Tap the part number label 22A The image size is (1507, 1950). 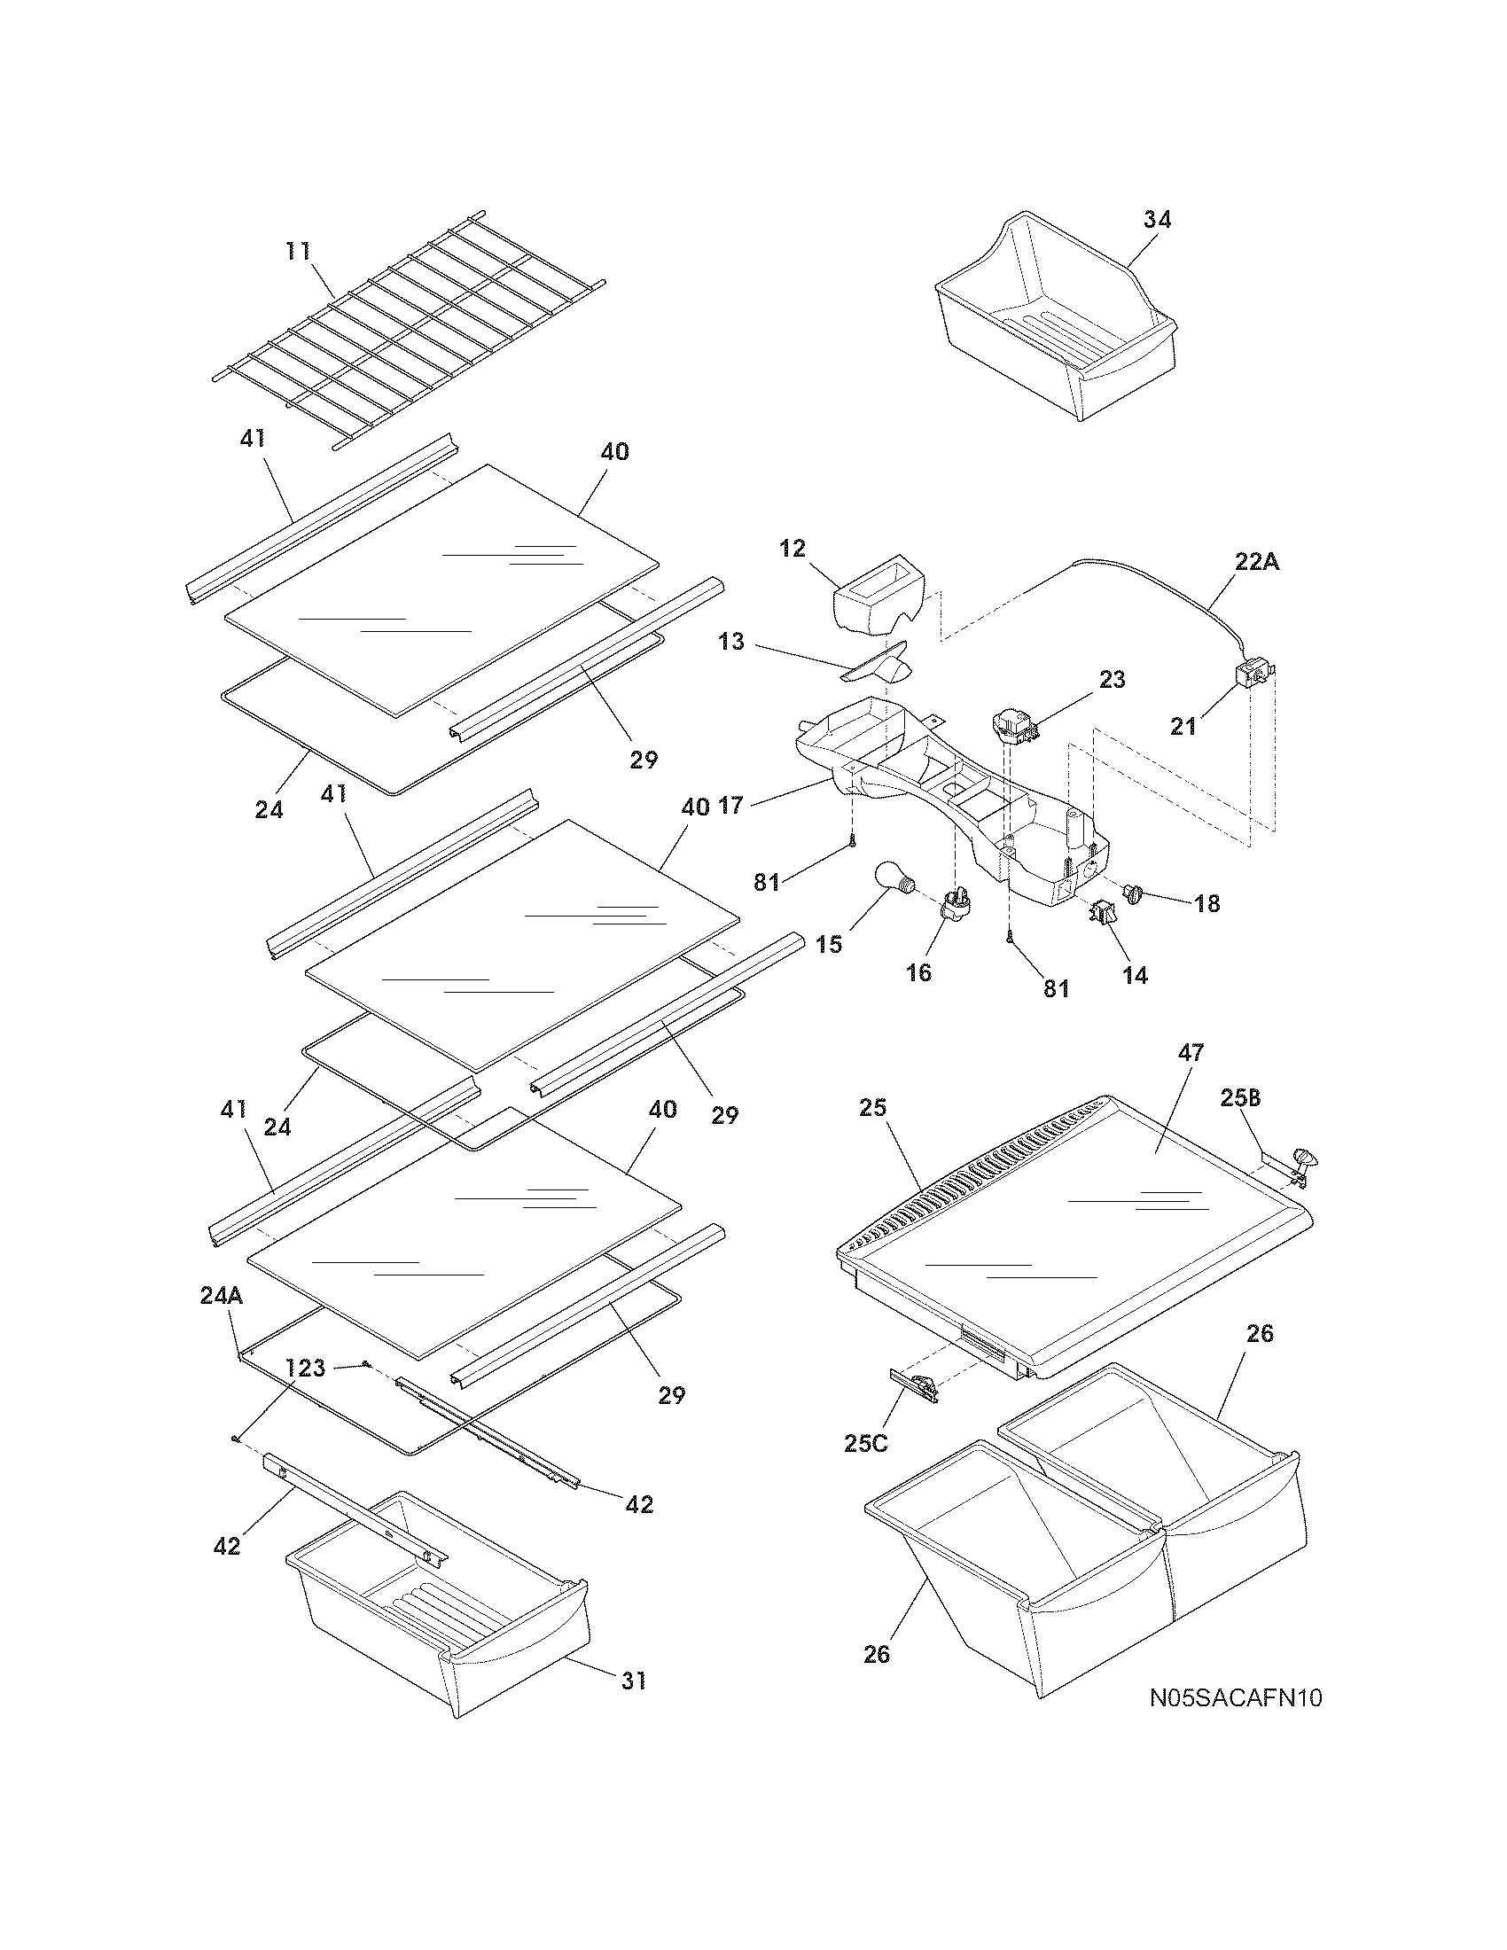click(x=1256, y=563)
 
